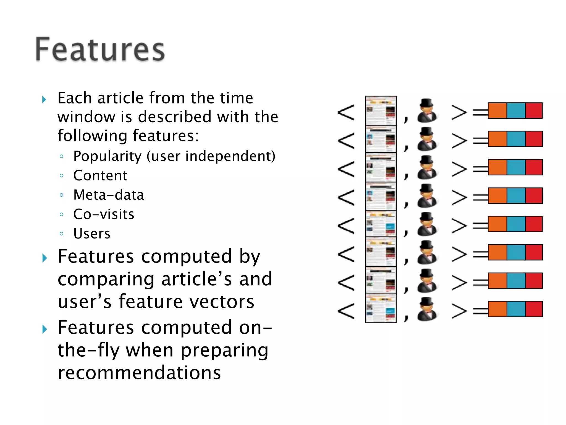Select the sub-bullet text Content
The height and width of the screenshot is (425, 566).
click(100, 175)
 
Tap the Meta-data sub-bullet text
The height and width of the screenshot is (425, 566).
click(109, 195)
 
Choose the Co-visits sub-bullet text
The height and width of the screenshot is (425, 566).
click(104, 214)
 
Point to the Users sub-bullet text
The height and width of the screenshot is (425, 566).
click(92, 234)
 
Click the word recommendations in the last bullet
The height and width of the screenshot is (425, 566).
click(139, 372)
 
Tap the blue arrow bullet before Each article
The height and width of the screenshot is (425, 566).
click(44, 99)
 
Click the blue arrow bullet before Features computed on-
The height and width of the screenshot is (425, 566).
click(44, 329)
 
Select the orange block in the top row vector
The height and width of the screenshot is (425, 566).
click(497, 111)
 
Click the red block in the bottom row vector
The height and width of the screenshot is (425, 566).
click(534, 309)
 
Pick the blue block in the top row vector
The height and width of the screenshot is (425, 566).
click(516, 111)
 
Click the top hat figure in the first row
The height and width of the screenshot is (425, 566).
click(427, 111)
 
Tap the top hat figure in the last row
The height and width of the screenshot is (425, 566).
click(427, 309)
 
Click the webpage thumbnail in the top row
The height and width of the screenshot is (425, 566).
click(381, 111)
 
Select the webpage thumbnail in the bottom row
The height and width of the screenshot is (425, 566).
click(381, 308)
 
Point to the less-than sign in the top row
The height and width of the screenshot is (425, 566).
click(346, 112)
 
